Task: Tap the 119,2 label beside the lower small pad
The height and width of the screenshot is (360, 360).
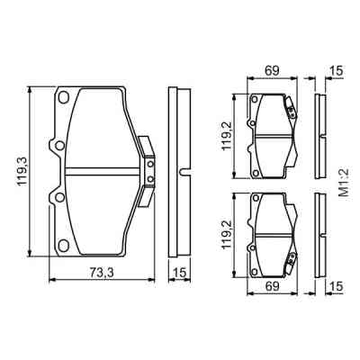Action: point(227,232)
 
